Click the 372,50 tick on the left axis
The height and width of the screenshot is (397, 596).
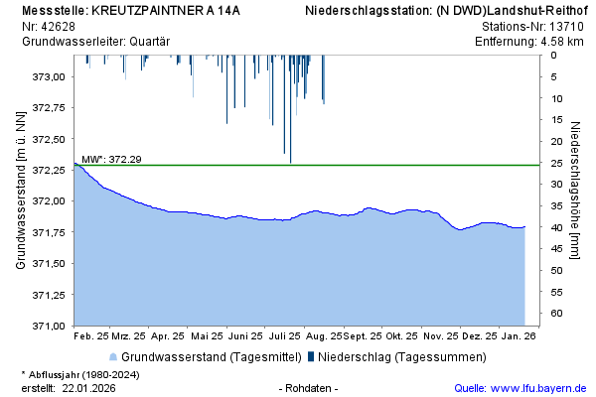click(49, 139)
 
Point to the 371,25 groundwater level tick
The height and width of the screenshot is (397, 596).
click(49, 295)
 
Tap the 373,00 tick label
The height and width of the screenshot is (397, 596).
click(49, 76)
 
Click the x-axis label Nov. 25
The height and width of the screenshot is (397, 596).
click(440, 335)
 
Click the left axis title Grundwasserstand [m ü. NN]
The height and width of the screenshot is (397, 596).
click(20, 190)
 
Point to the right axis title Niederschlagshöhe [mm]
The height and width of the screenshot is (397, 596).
click(575, 190)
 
